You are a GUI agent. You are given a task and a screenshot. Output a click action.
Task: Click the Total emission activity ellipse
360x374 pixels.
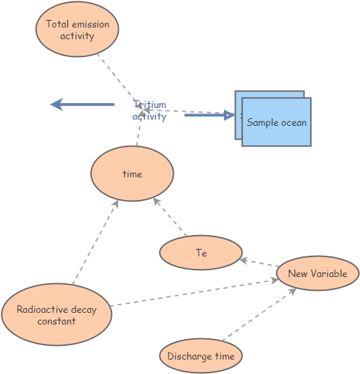pyautogui.click(x=77, y=30)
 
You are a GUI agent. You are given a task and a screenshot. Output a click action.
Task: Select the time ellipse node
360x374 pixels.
pyautogui.click(x=132, y=174)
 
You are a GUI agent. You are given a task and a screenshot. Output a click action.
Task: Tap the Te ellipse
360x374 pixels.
pyautogui.click(x=201, y=253)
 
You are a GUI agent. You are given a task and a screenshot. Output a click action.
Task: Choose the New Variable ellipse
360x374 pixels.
pyautogui.click(x=317, y=274)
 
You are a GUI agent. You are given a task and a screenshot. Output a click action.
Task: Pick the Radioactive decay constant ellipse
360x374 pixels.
pyautogui.click(x=56, y=315)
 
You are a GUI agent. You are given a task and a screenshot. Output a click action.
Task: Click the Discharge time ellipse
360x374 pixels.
pyautogui.click(x=201, y=356)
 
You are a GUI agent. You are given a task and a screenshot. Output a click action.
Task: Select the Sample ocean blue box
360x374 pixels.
pyautogui.click(x=276, y=122)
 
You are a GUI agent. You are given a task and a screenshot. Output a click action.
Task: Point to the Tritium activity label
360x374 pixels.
pyautogui.click(x=150, y=111)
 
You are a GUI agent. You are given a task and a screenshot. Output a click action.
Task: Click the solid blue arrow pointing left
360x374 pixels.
pyautogui.click(x=82, y=104)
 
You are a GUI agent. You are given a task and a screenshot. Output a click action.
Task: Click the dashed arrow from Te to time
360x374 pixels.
pyautogui.click(x=170, y=217)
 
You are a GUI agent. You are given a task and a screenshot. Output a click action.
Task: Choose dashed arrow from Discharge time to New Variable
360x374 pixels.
pyautogui.click(x=258, y=314)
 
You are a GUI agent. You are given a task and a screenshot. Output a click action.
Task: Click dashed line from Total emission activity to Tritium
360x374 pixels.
pyautogui.click(x=115, y=76)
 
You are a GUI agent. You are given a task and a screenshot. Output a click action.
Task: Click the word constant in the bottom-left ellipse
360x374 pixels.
pyautogui.click(x=56, y=321)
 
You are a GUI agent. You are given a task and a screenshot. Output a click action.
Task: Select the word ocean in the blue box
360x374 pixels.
pyautogui.click(x=293, y=122)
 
